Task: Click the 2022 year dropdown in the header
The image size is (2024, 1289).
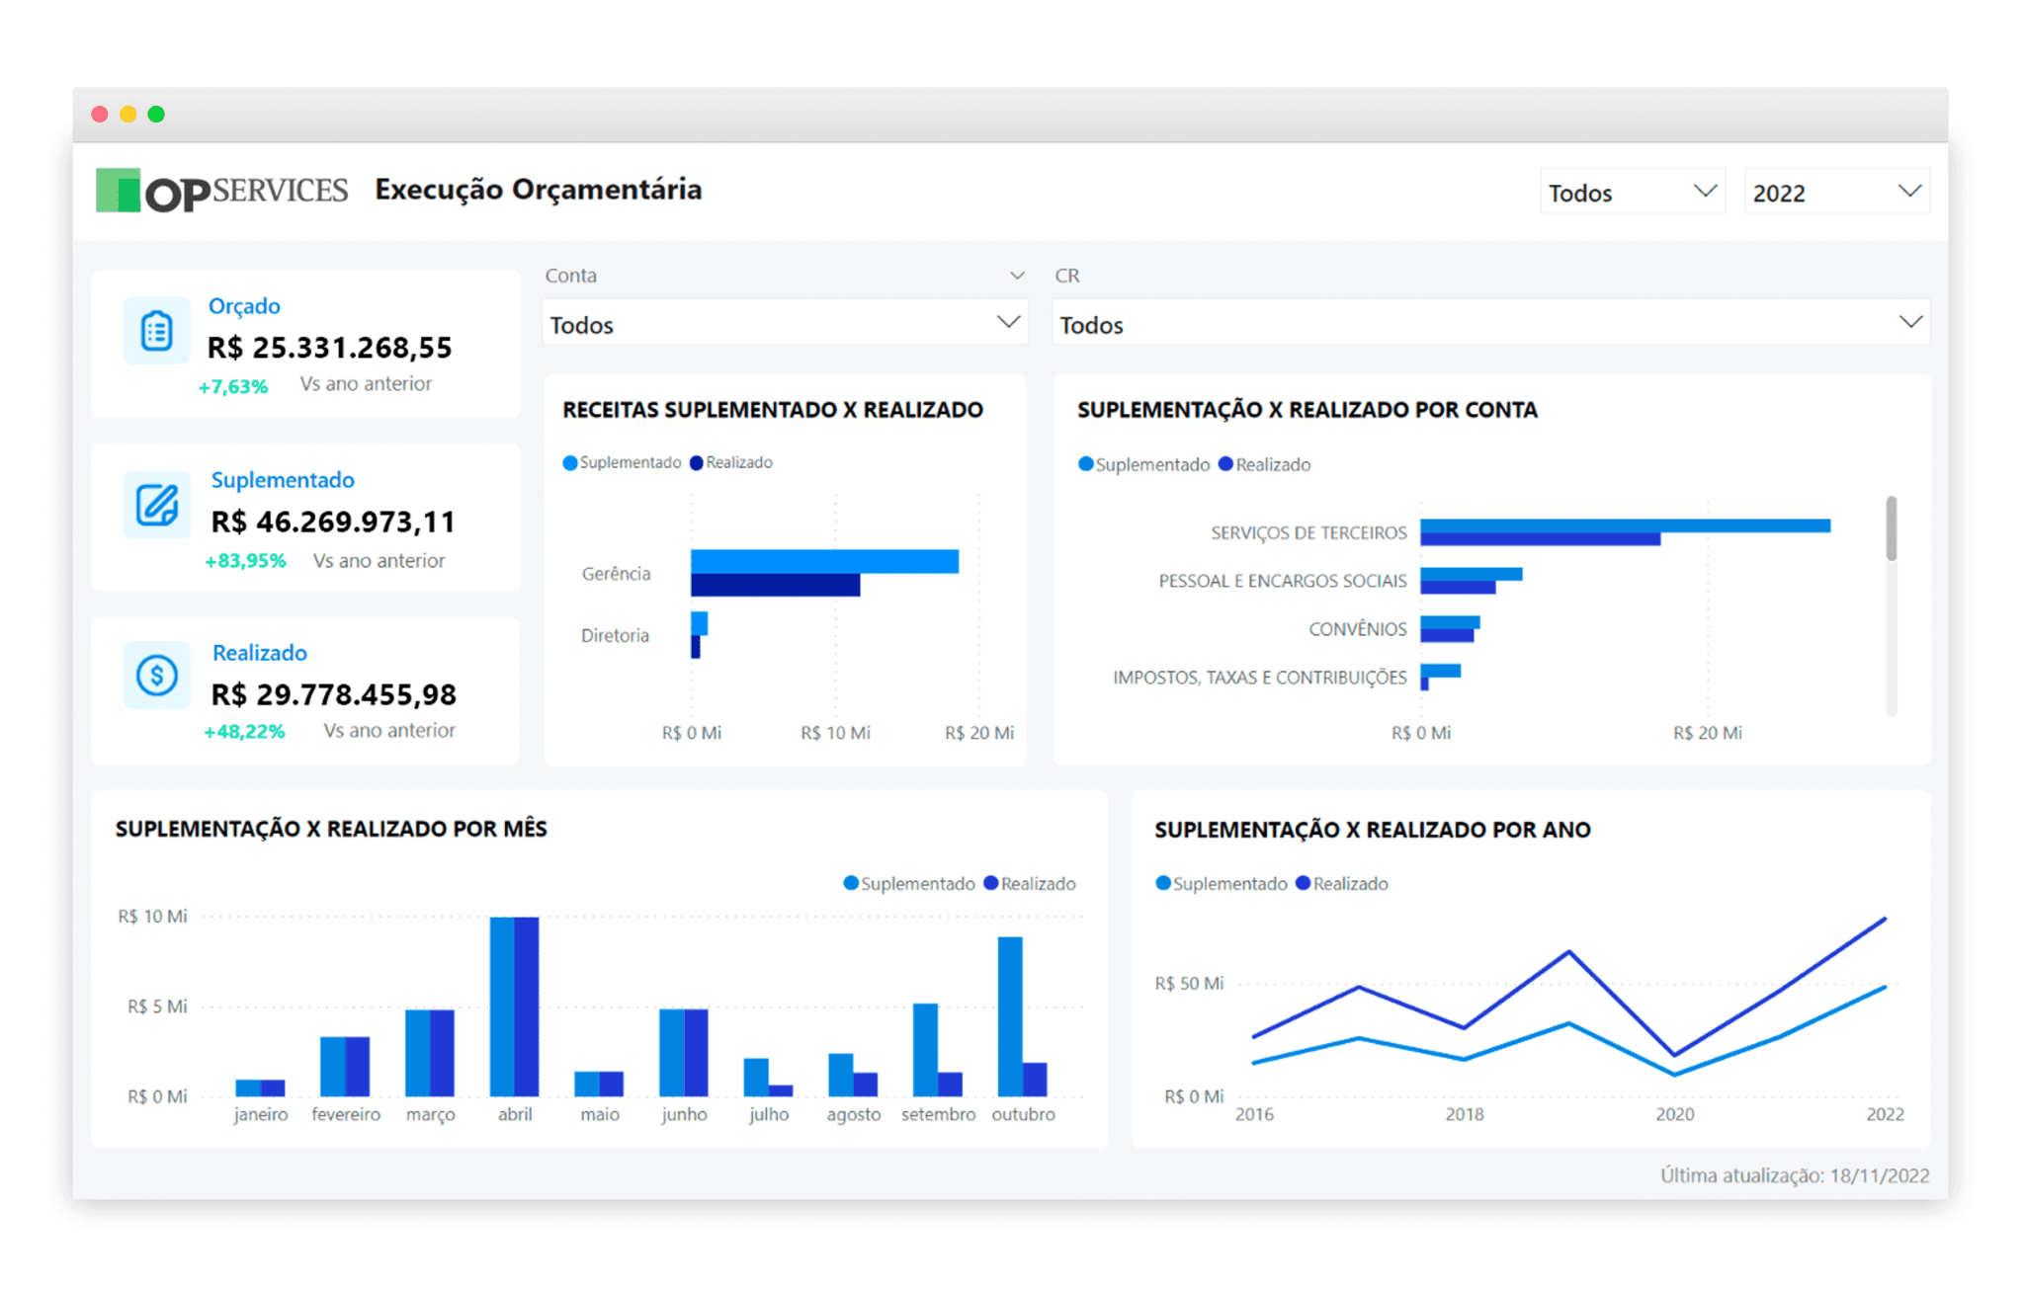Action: point(1836,193)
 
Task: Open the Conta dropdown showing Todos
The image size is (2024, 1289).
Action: point(785,324)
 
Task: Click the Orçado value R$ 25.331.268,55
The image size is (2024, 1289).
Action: point(329,348)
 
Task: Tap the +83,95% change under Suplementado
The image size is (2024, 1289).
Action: point(245,561)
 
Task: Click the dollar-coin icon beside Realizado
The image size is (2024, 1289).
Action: point(157,676)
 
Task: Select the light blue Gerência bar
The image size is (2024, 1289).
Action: point(823,561)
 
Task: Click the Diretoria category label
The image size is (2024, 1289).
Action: point(615,635)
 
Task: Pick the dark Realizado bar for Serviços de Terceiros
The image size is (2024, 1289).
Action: point(1539,539)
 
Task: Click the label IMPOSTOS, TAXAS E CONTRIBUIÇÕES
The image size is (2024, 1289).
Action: point(1259,678)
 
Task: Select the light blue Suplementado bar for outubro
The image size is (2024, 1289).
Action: point(1009,1015)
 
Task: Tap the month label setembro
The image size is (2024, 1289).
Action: point(938,1114)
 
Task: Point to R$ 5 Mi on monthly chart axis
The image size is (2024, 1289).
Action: point(156,1007)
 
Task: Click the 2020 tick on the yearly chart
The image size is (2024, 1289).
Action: point(1674,1114)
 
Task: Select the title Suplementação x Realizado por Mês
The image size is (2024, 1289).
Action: point(331,829)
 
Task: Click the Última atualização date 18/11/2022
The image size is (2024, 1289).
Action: point(1879,1175)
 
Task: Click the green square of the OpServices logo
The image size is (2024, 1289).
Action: point(118,190)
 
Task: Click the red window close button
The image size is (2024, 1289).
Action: point(100,115)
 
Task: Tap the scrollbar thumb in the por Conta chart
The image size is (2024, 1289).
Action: point(1891,528)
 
